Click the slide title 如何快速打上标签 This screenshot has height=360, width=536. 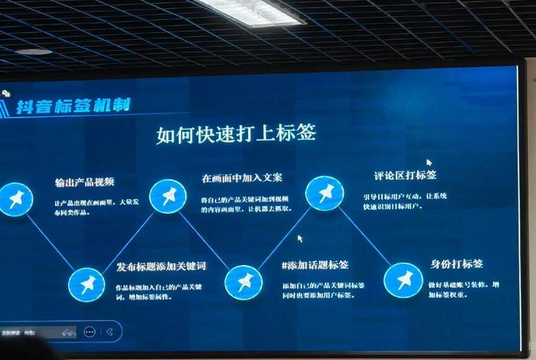coord(236,134)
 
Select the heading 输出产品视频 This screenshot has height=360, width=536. coord(84,182)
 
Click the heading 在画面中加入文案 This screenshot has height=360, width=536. coord(242,178)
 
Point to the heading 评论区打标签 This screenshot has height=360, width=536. coord(395,175)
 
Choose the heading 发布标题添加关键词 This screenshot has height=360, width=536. coord(161,267)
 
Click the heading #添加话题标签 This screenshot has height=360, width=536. coord(315,265)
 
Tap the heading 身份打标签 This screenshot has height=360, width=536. coord(456,264)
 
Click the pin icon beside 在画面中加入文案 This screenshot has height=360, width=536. coord(168,197)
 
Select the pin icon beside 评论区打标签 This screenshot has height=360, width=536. coord(325,192)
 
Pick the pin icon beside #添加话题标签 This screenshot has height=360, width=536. coord(243,282)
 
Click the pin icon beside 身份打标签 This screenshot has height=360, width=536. coord(403,279)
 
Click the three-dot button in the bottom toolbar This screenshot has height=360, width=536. coord(90,332)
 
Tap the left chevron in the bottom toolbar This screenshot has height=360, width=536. coord(110,332)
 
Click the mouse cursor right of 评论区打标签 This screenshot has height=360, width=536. coord(430,162)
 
